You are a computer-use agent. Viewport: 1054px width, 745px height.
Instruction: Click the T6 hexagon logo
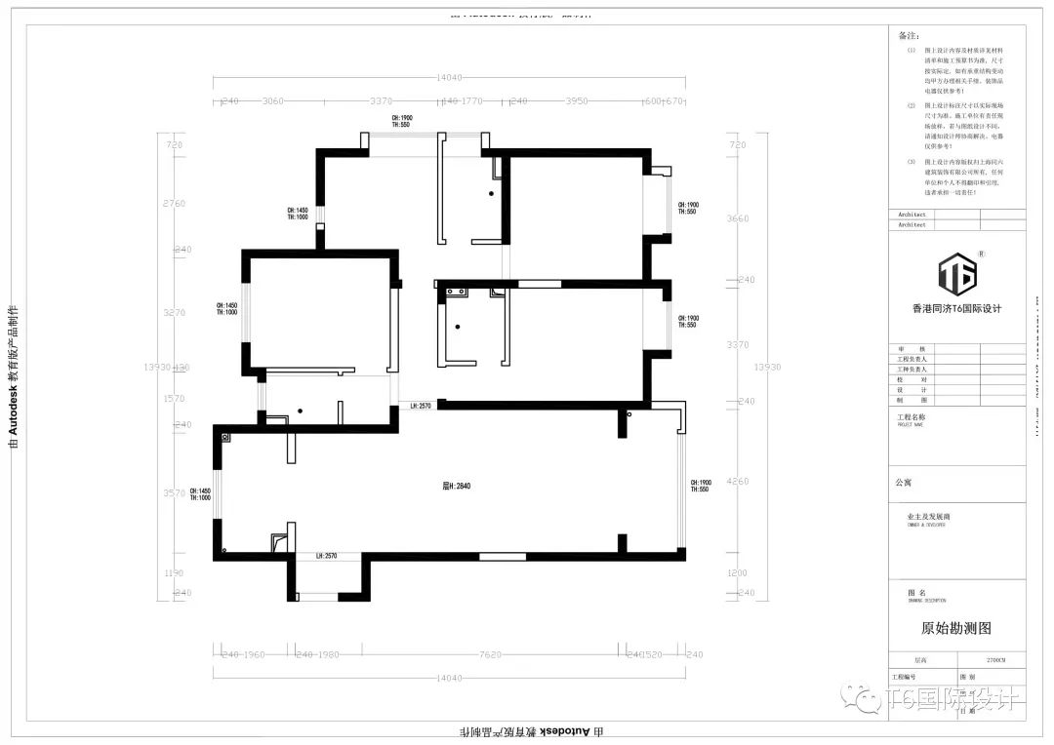point(956,274)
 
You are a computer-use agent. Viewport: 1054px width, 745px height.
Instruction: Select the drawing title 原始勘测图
point(956,629)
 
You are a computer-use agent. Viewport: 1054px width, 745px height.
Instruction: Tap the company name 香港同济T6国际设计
point(956,309)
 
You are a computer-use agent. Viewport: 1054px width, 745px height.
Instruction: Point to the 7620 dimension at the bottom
point(490,654)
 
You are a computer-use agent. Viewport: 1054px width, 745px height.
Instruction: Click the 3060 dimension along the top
point(272,100)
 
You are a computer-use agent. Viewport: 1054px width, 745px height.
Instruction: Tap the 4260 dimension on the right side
point(738,481)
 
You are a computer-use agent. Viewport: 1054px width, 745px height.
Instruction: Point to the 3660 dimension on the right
point(738,218)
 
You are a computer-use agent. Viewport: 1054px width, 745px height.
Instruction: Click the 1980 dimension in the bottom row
point(328,654)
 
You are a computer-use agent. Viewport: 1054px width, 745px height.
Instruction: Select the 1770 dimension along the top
point(472,100)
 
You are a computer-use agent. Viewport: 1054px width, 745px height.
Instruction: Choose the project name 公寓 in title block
point(903,482)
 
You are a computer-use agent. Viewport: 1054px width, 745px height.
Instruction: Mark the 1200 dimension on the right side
point(738,573)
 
